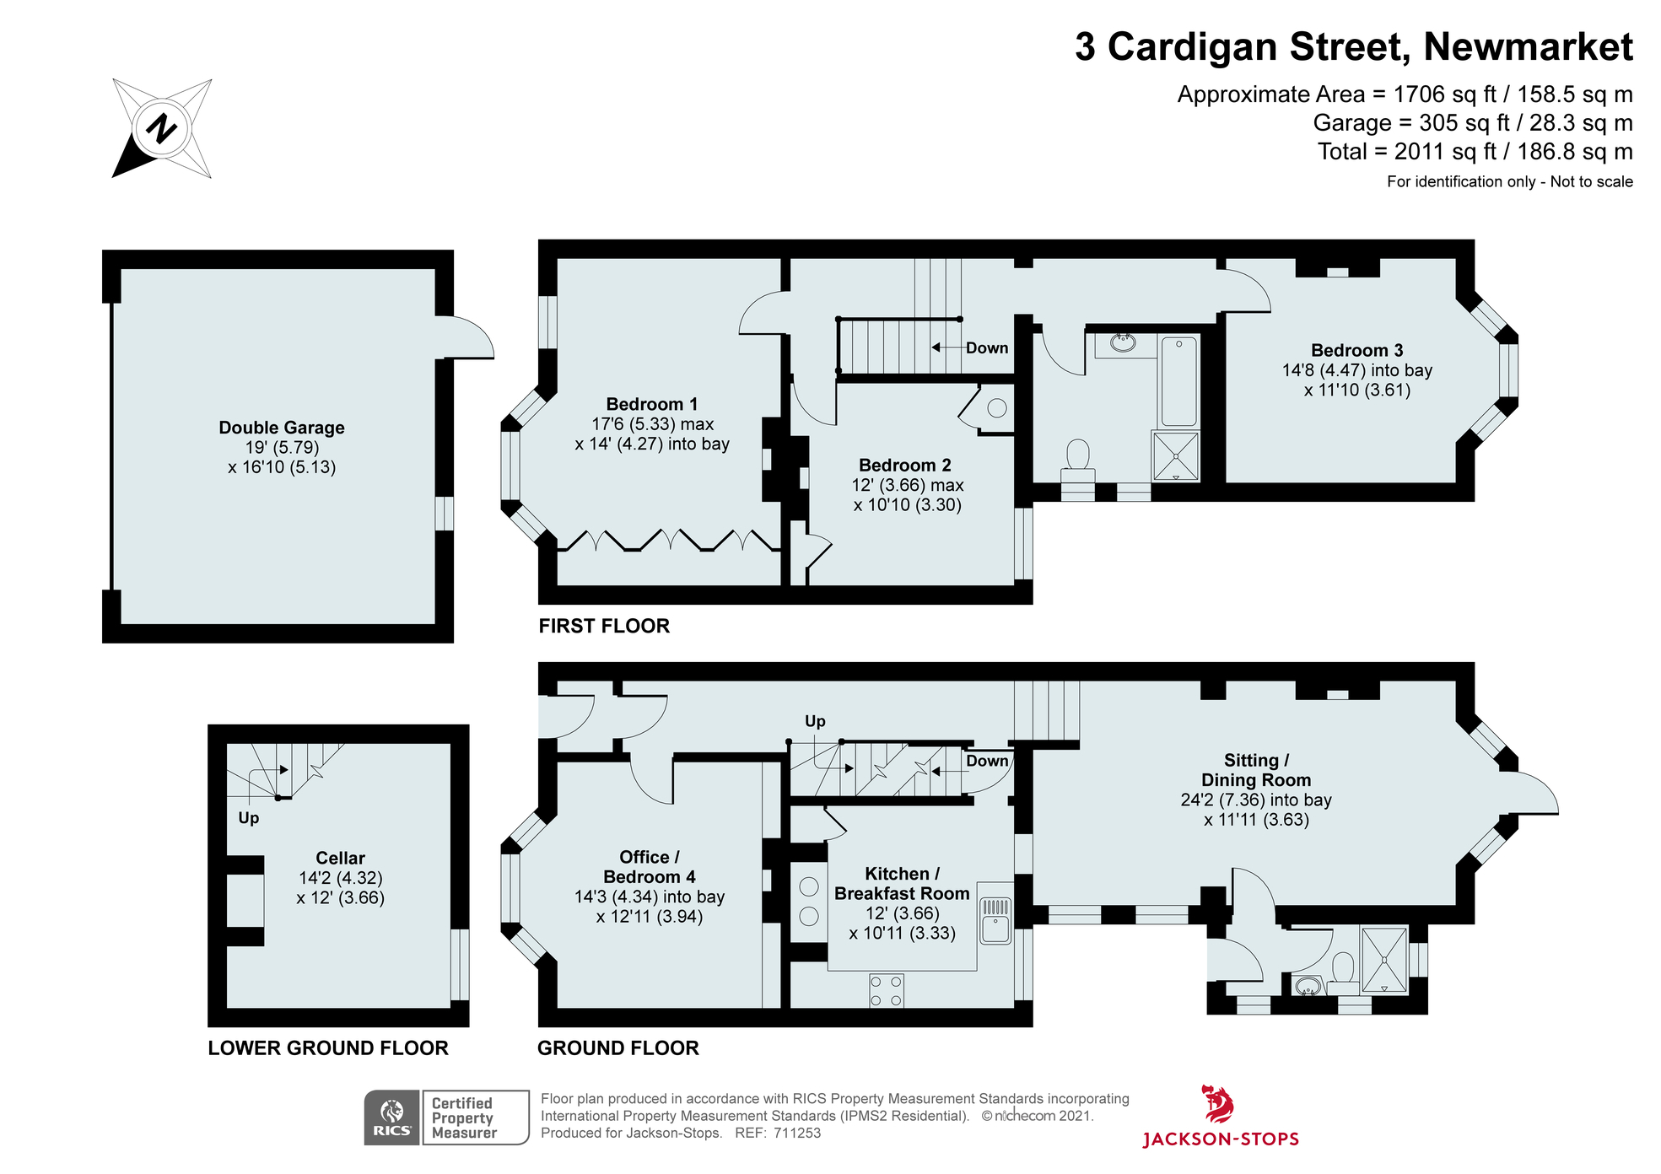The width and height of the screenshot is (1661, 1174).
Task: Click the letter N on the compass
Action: coord(161,128)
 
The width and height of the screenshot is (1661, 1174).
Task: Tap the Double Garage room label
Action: coord(281,428)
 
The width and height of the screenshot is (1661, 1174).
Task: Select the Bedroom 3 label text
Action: coord(1356,350)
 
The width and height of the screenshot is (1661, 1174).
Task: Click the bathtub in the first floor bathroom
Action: coord(1178,381)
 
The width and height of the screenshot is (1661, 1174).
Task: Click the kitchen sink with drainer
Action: coord(995,920)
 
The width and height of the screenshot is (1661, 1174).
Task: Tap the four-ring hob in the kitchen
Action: coord(886,990)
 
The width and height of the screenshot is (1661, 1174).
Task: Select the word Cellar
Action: coord(340,858)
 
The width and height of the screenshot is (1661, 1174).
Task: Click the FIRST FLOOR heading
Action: coord(604,626)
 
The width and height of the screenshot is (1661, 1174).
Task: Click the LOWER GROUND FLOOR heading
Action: coord(328,1048)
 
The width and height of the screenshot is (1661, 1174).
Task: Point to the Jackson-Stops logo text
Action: coord(1220,1139)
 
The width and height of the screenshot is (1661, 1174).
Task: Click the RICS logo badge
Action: coord(392,1117)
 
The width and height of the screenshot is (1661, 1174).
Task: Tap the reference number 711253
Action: coord(797,1133)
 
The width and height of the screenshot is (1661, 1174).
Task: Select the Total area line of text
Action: coord(1475,152)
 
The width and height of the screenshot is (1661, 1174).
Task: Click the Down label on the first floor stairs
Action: coord(986,347)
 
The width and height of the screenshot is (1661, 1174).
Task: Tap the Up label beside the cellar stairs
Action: coord(248,817)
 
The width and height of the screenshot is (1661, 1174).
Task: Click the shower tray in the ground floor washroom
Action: coord(1384,960)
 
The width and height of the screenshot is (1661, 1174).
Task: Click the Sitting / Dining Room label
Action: coord(1255,770)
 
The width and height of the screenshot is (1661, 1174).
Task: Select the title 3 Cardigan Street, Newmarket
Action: coord(1353,46)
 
